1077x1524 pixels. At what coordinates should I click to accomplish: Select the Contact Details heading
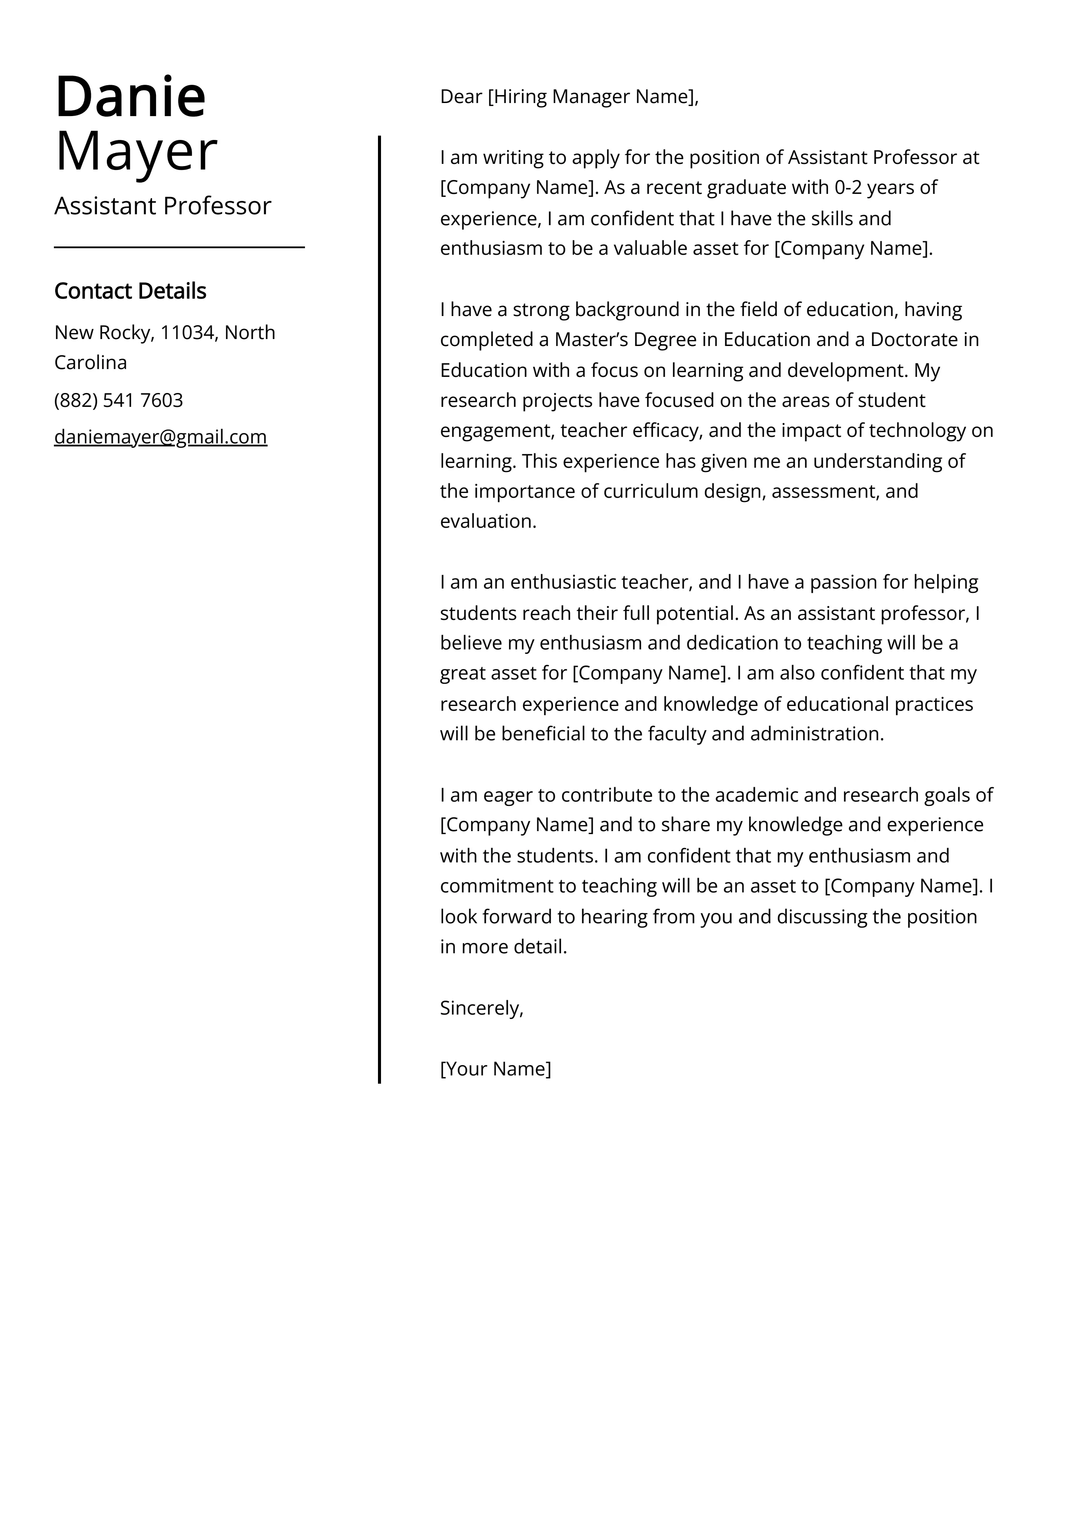pos(130,291)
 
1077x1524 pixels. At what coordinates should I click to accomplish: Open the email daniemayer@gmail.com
pos(161,437)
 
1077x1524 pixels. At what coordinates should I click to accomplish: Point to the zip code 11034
pos(188,332)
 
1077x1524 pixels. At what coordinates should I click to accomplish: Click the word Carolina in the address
pos(90,363)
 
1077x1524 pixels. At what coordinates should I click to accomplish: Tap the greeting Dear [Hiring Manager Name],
pos(569,97)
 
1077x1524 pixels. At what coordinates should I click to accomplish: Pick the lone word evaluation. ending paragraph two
pos(488,522)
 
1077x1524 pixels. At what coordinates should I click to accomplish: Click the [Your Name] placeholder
pos(495,1068)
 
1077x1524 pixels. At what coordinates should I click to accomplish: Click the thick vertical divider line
pos(380,597)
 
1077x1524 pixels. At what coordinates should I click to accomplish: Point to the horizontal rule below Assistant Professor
pos(179,248)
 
